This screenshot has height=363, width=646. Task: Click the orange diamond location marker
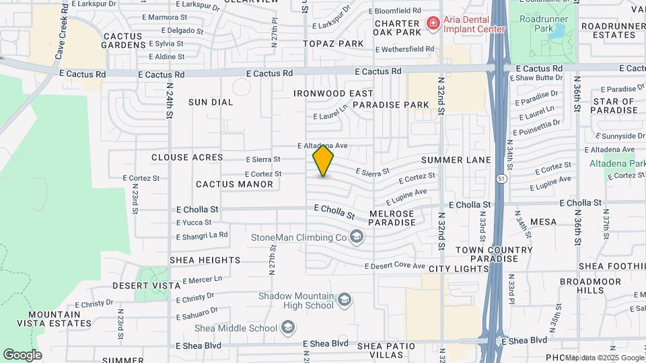tap(323, 161)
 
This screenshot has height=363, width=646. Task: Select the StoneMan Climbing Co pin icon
tap(357, 237)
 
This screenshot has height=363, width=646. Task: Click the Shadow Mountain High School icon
tap(345, 299)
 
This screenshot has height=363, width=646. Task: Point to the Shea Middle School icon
tap(287, 327)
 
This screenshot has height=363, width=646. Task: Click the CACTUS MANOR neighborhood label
tap(234, 184)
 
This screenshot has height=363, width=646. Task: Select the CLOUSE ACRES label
tap(187, 157)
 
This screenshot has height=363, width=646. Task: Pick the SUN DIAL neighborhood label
tap(210, 102)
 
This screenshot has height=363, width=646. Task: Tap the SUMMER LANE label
tap(452, 160)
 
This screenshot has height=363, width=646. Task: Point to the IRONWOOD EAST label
tap(333, 93)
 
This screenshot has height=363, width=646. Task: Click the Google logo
tap(23, 354)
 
